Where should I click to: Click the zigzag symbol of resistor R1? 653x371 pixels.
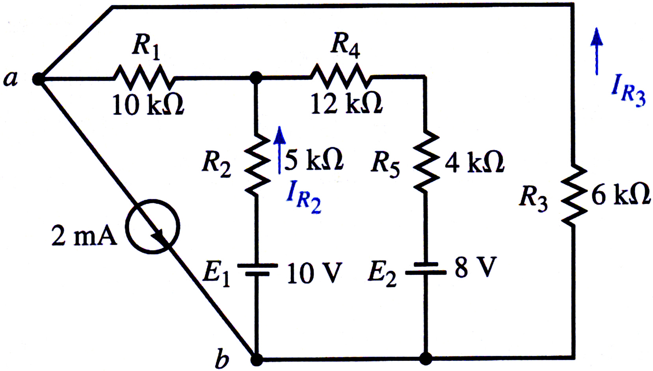tap(144, 78)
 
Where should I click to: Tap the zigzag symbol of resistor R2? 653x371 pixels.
tap(257, 165)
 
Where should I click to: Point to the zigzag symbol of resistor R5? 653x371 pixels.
tap(426, 162)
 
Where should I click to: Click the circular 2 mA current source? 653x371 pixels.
tap(153, 227)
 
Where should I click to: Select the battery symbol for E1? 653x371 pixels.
tap(257, 270)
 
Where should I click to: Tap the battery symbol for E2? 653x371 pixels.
tap(426, 268)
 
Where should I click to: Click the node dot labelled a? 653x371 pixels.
tap(38, 79)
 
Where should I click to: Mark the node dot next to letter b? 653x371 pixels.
tap(257, 359)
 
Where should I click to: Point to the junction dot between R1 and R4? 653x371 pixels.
tap(256, 78)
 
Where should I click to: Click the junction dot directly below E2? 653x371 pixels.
tap(426, 359)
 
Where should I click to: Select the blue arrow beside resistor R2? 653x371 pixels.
tap(279, 150)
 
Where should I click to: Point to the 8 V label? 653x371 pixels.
tap(476, 267)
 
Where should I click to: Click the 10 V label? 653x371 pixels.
tap(314, 273)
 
